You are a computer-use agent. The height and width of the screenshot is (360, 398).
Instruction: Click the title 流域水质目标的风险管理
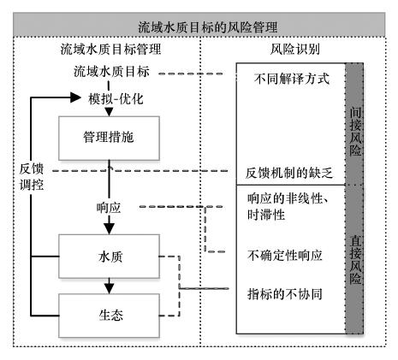click(x=208, y=27)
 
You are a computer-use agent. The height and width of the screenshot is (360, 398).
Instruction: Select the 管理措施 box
click(x=109, y=139)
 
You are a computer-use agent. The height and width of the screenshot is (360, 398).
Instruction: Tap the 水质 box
click(x=109, y=257)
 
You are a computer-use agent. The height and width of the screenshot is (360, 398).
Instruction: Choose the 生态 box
click(x=109, y=316)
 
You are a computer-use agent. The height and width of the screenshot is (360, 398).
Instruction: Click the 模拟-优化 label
click(x=116, y=99)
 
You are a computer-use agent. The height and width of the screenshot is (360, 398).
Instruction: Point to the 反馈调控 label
click(x=32, y=177)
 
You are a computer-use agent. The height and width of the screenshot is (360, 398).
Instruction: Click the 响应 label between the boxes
click(x=109, y=208)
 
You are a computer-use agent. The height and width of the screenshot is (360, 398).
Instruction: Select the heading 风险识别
click(x=294, y=49)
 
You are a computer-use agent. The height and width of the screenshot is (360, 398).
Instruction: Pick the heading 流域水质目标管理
click(x=110, y=49)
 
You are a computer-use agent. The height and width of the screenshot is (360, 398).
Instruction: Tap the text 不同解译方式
click(x=292, y=79)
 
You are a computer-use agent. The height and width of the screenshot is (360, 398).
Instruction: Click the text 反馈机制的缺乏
click(x=289, y=173)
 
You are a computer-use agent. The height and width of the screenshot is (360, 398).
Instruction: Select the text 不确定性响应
click(x=285, y=255)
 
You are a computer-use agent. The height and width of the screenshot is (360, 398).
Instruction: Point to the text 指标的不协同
click(x=285, y=294)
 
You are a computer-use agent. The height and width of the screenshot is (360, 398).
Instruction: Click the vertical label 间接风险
click(x=355, y=132)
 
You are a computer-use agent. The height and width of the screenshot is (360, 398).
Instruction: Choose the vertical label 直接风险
click(x=355, y=260)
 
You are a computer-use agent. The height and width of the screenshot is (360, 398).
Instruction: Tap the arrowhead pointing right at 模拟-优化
click(x=75, y=97)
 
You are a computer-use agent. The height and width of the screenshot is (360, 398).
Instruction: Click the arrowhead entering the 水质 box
click(x=109, y=228)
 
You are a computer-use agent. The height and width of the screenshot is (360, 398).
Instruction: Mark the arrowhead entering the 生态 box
click(x=109, y=288)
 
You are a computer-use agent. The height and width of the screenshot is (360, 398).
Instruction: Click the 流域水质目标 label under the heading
click(x=111, y=71)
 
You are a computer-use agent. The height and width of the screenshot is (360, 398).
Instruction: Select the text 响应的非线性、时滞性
click(x=288, y=206)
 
